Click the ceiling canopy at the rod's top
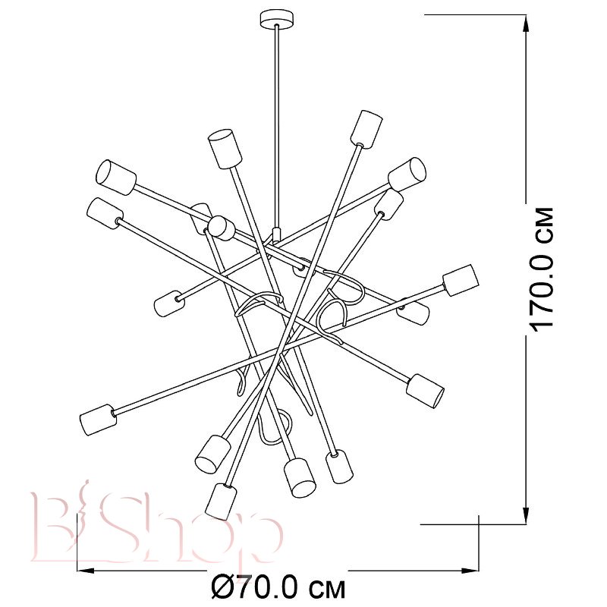coord(276,19)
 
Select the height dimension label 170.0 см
coord(542,270)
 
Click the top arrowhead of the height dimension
coord(525,24)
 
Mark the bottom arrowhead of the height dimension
coord(525,514)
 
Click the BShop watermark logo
coord(157,529)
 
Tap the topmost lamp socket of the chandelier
coord(366,128)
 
